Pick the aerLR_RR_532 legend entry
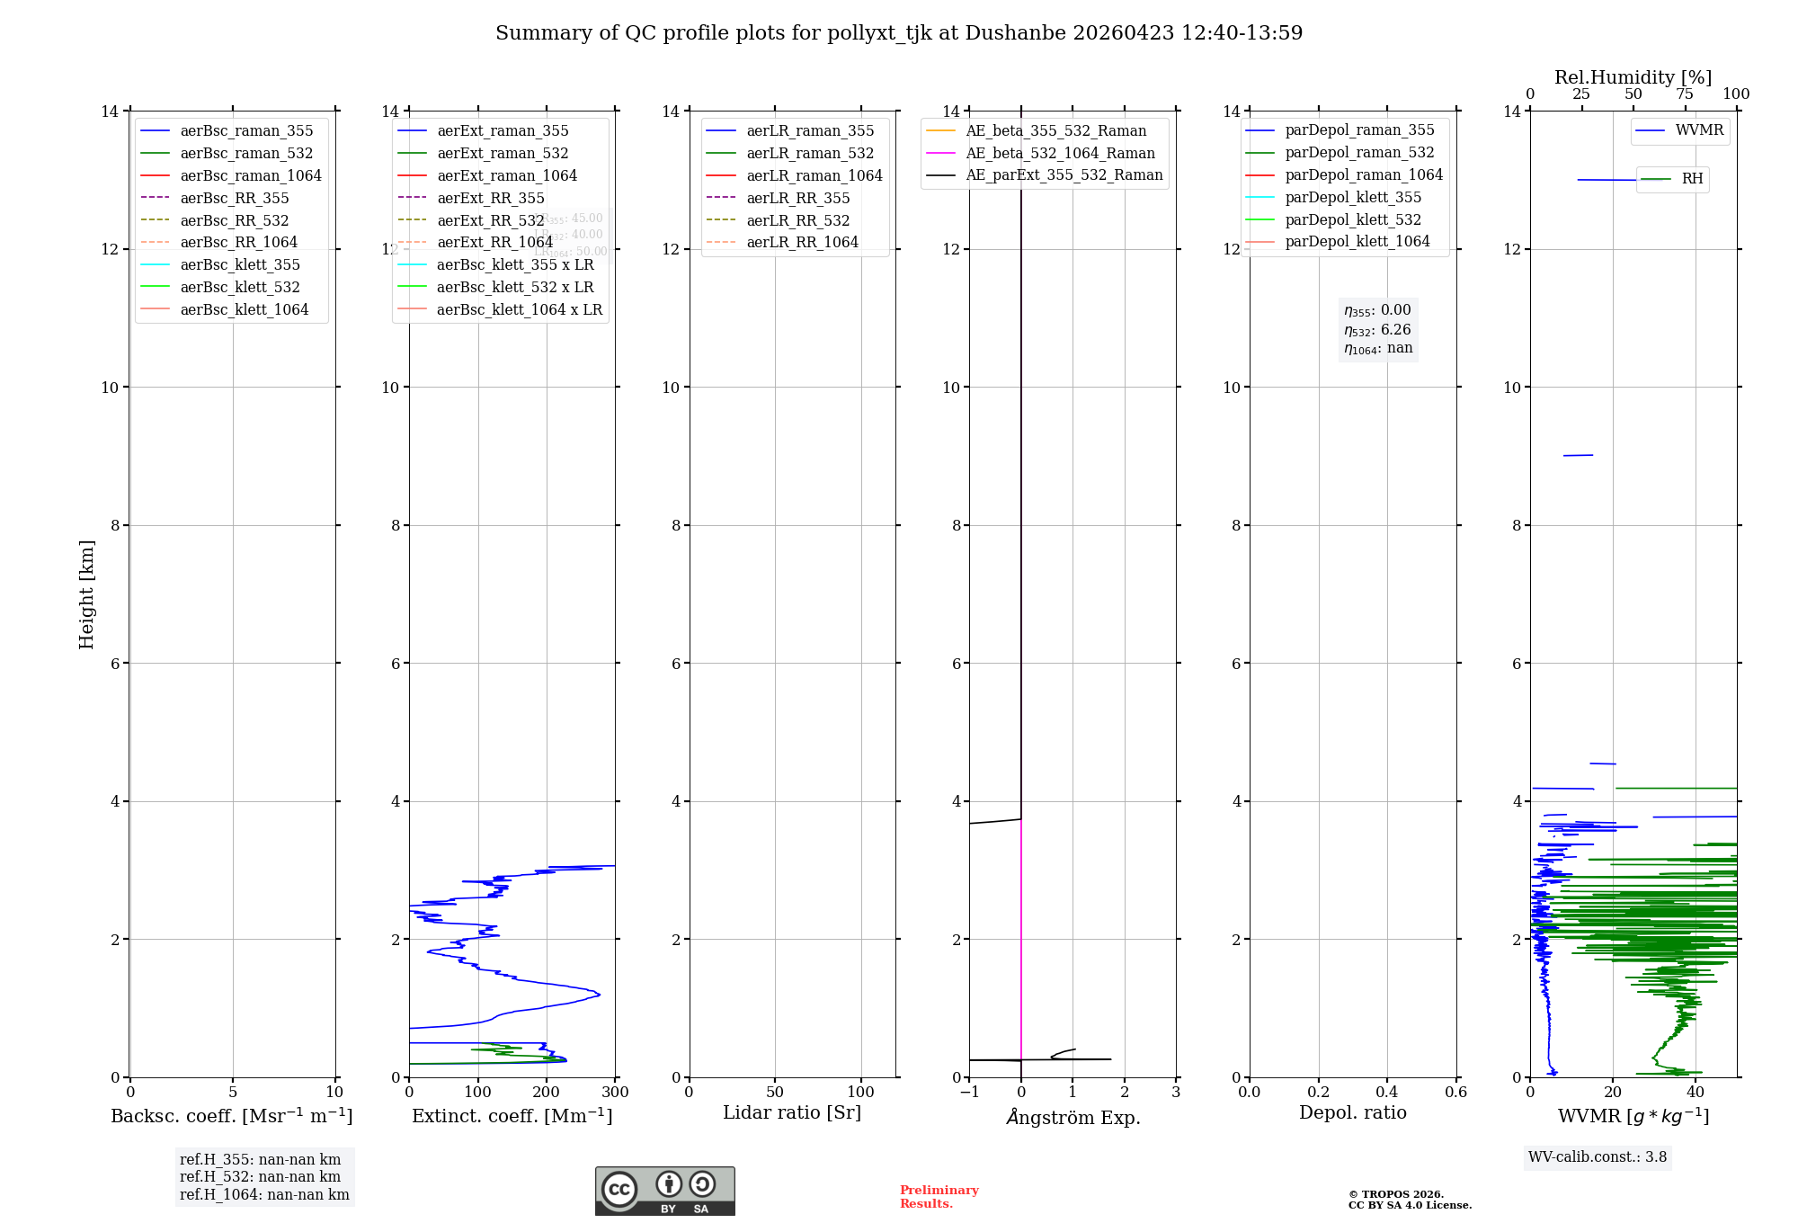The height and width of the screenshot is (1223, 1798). coord(797,220)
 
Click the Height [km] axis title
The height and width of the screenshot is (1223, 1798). coord(86,594)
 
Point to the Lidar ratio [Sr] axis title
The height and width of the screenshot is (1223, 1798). coord(792,1113)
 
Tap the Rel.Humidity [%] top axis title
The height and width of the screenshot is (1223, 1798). coord(1633,77)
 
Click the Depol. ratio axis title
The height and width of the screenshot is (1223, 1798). coord(1352,1113)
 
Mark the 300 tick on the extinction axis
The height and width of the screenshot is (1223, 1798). coord(616,1093)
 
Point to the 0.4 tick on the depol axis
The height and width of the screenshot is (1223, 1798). coord(1387,1093)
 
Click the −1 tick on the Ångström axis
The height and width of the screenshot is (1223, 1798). coord(969,1093)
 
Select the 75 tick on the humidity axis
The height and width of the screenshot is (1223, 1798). coord(1685,94)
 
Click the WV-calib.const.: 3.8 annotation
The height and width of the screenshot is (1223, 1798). coord(1598,1157)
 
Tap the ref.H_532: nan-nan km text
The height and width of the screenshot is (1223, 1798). coord(260,1177)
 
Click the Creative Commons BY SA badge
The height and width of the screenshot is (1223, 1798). coord(664,1191)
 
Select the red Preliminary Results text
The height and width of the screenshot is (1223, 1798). coord(939,1197)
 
